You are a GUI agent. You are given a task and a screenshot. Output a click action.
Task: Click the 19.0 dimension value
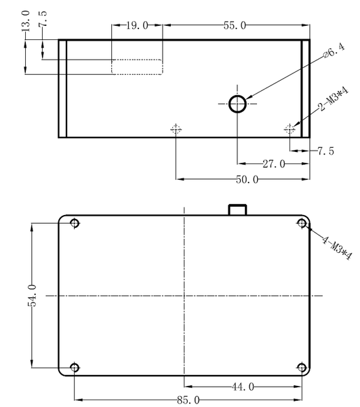(137, 26)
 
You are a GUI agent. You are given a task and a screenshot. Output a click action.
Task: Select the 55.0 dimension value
(235, 26)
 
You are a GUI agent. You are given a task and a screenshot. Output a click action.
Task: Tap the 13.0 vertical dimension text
(25, 21)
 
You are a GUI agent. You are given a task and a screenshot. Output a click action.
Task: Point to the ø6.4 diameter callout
(334, 51)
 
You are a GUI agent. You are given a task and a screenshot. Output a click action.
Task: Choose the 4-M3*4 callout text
(338, 248)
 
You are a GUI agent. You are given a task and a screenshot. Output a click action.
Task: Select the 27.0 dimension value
(274, 164)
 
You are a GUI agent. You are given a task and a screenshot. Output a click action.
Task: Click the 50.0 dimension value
(247, 179)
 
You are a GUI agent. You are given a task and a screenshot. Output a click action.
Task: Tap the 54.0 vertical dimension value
(32, 296)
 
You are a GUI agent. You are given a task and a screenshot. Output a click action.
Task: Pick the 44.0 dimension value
(243, 387)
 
